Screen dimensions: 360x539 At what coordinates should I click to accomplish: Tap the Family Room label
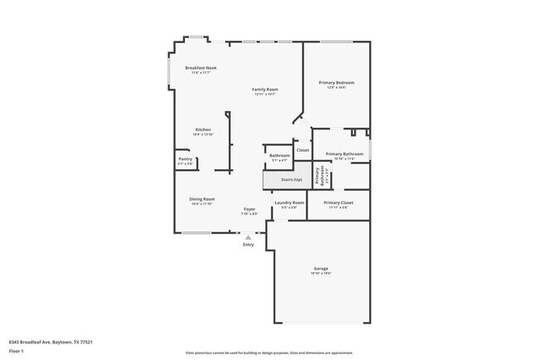pos(265,90)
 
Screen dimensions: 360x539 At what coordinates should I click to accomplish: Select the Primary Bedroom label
pos(337,83)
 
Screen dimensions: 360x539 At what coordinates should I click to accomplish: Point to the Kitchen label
pos(203,130)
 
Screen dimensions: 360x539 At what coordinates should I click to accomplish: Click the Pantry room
pos(185,162)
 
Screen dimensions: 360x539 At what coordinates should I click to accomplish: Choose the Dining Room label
pos(202,199)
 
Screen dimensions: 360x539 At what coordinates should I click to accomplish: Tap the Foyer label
pos(249,209)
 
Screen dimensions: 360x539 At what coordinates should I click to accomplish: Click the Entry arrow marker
pos(247,237)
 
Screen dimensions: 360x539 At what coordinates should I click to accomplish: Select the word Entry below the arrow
pos(248,245)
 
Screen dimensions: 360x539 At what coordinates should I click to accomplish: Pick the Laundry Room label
pos(289,202)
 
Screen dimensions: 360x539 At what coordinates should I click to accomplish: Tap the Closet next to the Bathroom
pos(303,150)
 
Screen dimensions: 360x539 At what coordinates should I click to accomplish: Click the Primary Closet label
pos(337,202)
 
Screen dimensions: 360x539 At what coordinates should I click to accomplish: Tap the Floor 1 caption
pos(17,351)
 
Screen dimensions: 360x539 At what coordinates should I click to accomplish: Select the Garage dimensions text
pos(322,275)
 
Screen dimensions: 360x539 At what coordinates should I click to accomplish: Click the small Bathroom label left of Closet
pos(279,155)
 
